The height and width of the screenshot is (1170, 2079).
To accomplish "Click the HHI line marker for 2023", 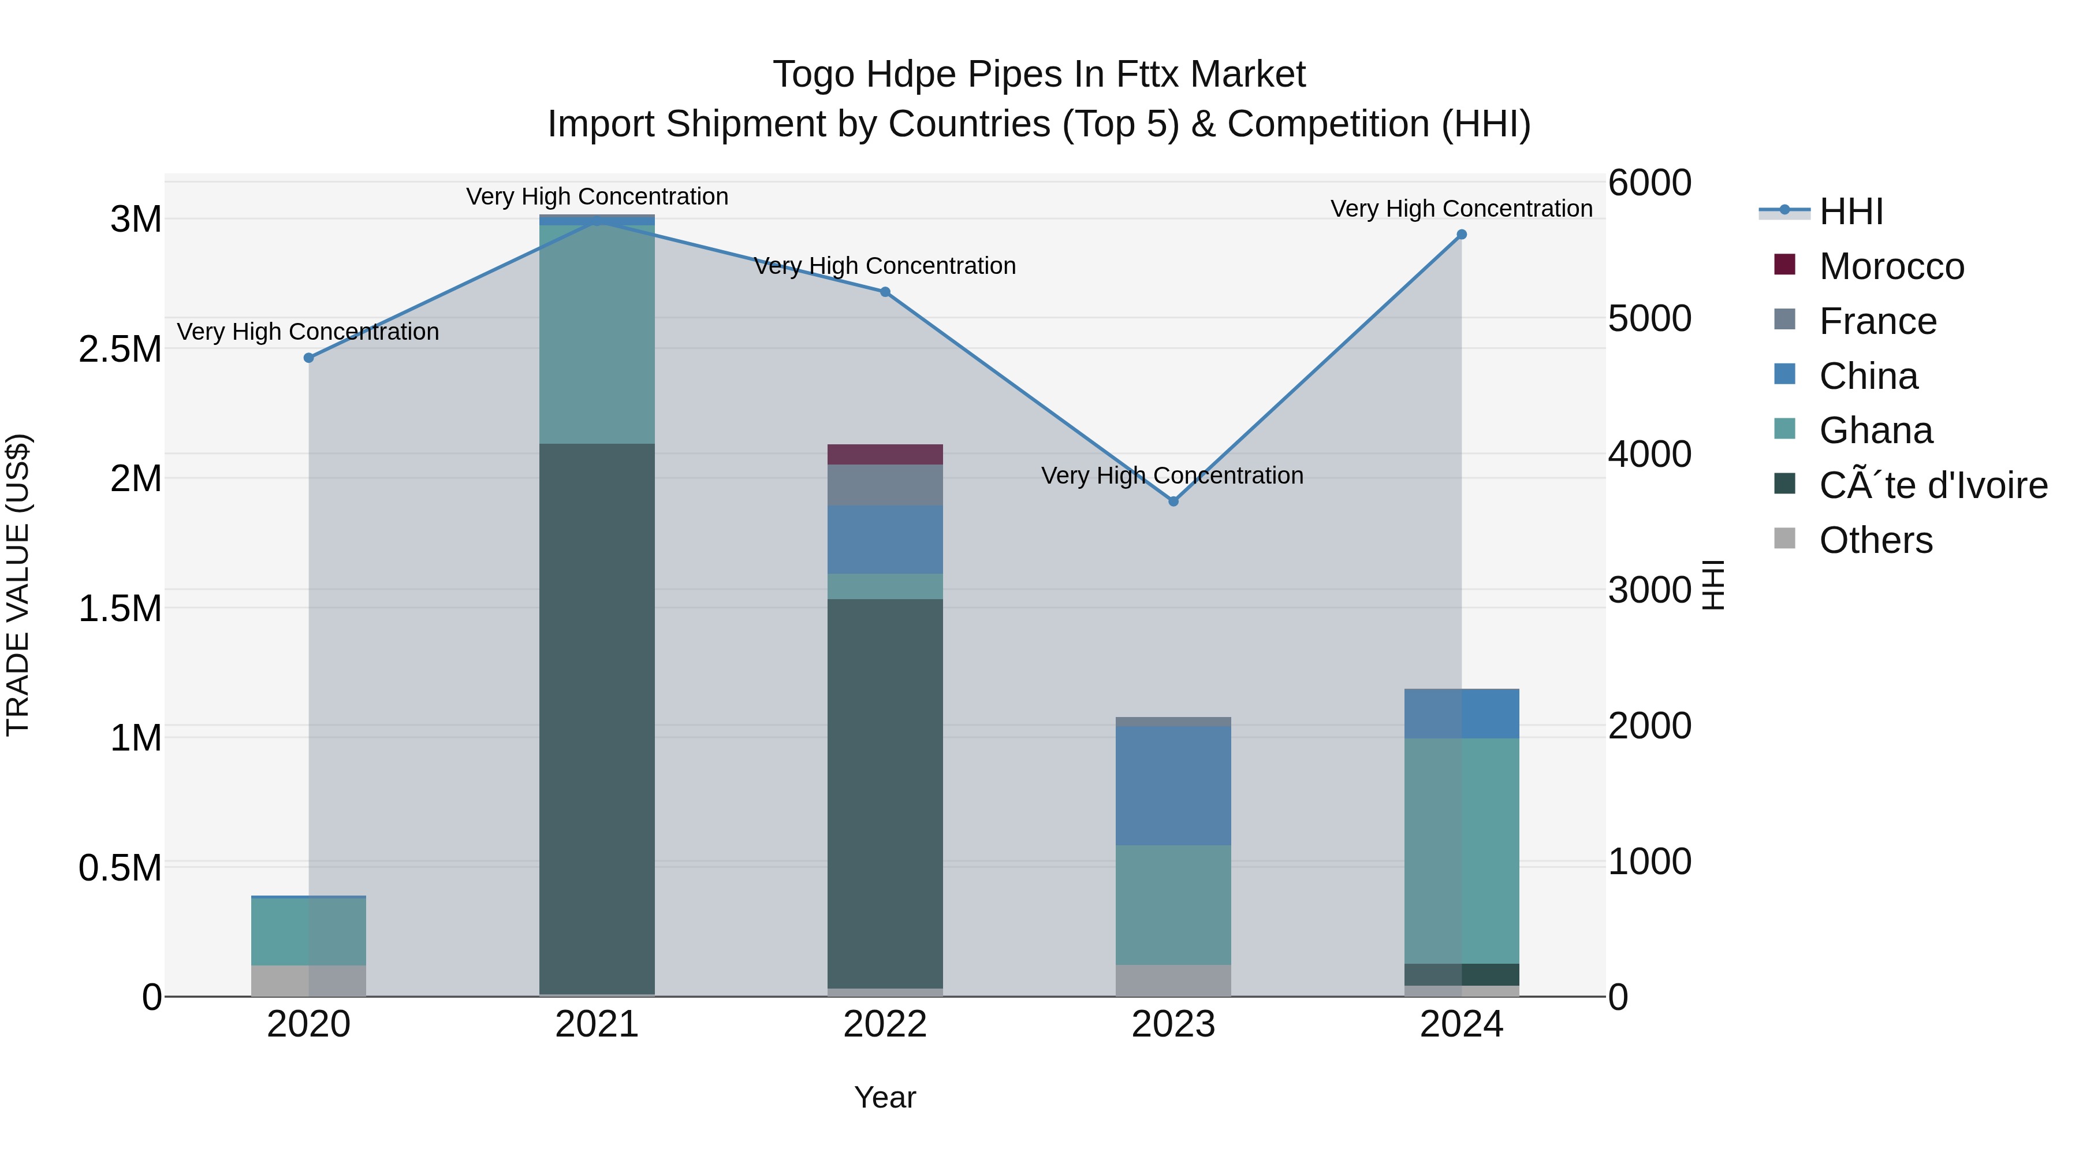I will click(1173, 502).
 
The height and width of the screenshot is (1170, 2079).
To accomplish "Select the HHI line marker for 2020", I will click(308, 358).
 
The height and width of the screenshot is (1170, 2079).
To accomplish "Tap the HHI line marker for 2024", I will click(1462, 235).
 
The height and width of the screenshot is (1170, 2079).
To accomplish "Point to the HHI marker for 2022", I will click(885, 292).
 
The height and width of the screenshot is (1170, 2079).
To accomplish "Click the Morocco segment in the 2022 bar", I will click(885, 455).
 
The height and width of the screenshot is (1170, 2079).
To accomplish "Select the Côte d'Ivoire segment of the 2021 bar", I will click(597, 719).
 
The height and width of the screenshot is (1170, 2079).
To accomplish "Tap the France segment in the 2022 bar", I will click(885, 485).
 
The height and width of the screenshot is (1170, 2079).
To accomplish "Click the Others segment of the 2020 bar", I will click(308, 980).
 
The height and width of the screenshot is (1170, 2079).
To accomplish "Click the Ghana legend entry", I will click(1876, 430).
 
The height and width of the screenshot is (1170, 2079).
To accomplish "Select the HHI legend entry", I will click(1851, 211).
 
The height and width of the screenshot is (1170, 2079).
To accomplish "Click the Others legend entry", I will click(1876, 540).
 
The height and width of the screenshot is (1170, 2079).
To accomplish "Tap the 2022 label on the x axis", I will click(885, 1024).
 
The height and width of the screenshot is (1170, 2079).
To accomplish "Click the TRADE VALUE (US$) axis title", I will click(18, 585).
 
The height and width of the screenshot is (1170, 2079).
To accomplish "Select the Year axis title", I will click(885, 1097).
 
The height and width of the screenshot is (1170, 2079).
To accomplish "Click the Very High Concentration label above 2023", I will click(1172, 476).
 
